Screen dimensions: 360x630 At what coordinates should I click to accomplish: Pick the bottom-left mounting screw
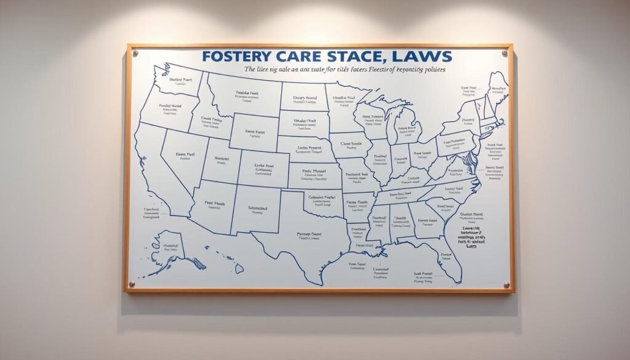click(130, 284)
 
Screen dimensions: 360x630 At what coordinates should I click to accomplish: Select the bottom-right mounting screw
click(506, 285)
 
